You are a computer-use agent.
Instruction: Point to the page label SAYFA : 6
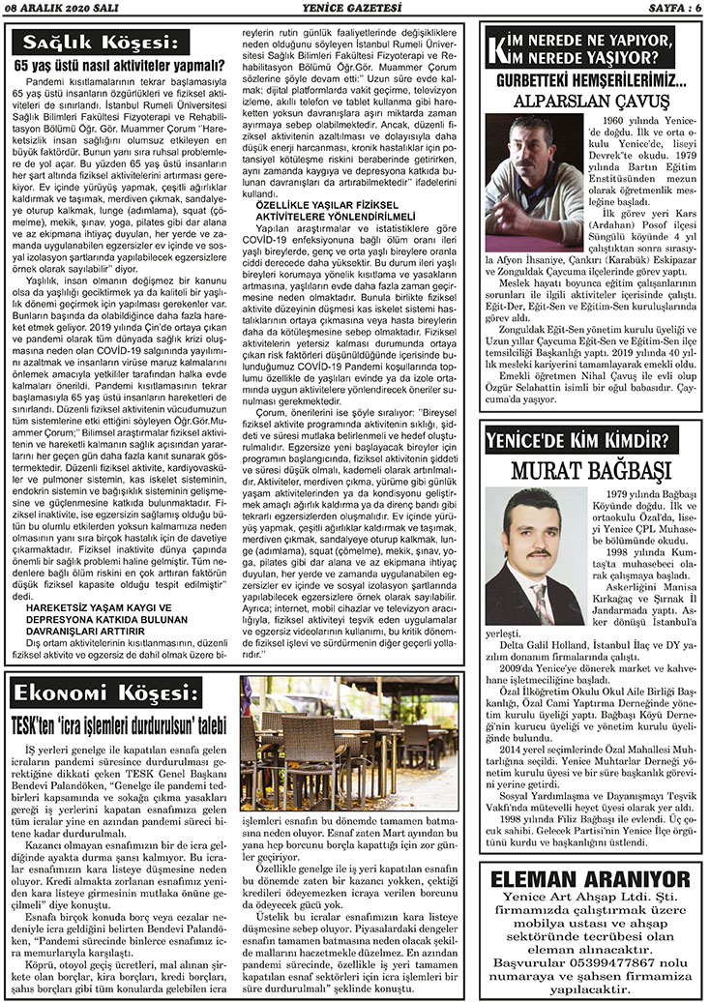[x=667, y=8]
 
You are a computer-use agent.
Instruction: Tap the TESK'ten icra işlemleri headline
[x=118, y=722]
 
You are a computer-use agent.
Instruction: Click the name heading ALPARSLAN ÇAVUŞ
[x=593, y=101]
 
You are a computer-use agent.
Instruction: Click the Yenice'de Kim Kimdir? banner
[x=577, y=437]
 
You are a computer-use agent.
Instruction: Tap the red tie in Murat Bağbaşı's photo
[x=539, y=600]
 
